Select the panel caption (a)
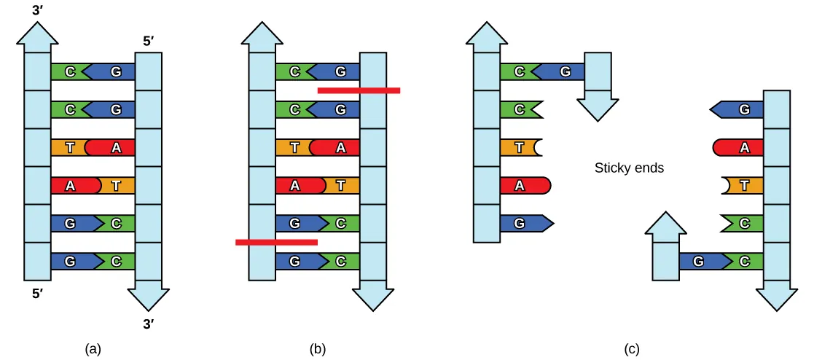point(93,348)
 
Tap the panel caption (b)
point(317,348)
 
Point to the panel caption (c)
point(632,348)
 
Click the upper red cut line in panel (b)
point(359,90)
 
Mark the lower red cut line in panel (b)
point(276,241)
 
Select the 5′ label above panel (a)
point(148,42)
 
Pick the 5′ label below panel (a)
point(37,296)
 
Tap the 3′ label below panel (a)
point(148,324)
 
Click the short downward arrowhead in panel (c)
point(598,106)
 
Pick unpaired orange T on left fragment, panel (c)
point(520,147)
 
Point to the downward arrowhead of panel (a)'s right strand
point(148,297)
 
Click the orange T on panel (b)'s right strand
point(340,185)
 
